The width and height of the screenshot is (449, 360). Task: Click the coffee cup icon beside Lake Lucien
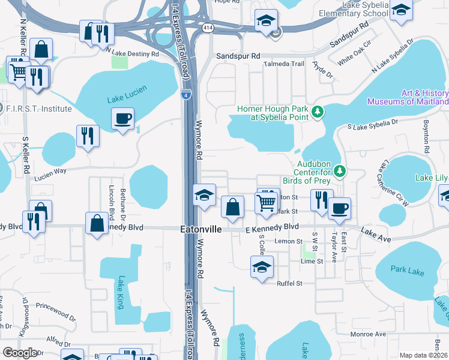pos(123,118)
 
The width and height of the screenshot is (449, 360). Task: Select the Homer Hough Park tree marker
pos(318,111)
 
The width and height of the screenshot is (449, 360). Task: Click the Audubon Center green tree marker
pos(340,172)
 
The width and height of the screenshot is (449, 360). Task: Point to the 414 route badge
pos(207,28)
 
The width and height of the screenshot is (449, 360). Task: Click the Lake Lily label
pos(432,178)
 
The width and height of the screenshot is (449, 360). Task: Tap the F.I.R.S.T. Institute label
pos(38,109)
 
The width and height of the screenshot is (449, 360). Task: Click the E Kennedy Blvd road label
pos(272,227)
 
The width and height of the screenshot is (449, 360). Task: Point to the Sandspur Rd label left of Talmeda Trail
pos(238,55)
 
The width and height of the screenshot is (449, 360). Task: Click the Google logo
pos(20,353)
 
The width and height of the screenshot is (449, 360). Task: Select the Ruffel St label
pos(289,283)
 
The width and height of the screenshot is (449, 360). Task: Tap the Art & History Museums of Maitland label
pos(424,97)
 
